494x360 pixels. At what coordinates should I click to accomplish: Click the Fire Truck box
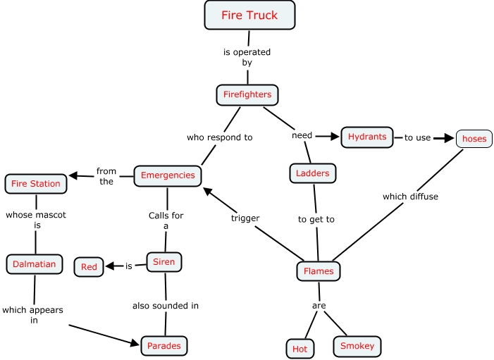(249, 15)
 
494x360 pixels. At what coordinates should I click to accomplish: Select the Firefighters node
(247, 94)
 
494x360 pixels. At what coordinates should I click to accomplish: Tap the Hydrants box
(367, 137)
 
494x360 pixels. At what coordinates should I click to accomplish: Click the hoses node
(474, 139)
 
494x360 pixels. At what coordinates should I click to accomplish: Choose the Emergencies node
(168, 175)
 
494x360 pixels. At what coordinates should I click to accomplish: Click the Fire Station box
(36, 184)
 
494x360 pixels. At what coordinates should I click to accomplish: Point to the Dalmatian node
(35, 265)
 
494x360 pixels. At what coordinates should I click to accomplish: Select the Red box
(89, 267)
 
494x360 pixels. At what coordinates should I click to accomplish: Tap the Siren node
(164, 263)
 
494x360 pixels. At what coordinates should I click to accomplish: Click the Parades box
(164, 345)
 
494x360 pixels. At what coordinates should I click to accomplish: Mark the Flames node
(319, 271)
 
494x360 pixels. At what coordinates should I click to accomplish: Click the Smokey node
(357, 346)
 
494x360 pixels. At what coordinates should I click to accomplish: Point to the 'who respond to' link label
(219, 137)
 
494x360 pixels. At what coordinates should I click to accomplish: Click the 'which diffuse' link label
(410, 197)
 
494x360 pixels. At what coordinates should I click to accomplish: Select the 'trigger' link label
(245, 218)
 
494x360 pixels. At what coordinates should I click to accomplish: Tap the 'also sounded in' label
(166, 306)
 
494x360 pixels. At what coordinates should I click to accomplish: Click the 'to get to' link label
(316, 219)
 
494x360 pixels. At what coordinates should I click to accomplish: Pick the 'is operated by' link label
(247, 57)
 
